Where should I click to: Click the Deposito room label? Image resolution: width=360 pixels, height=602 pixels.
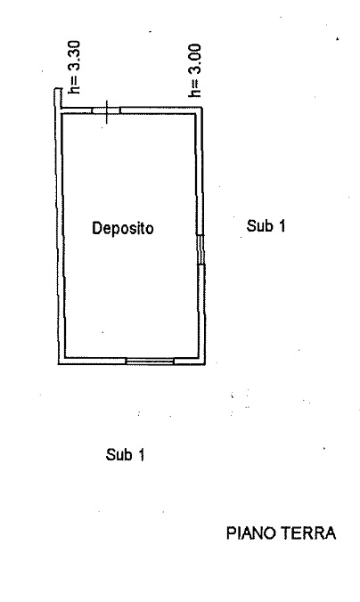[123, 228]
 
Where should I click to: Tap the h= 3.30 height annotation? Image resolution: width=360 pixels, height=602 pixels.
[74, 67]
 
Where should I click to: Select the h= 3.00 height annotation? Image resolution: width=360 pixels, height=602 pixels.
[194, 70]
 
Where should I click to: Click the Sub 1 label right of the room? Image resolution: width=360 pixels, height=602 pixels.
[266, 225]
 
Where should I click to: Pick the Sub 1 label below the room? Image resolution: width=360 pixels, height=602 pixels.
[126, 454]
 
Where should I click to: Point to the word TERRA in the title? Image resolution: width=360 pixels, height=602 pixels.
[309, 533]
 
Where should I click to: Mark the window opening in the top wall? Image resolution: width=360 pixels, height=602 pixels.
[106, 110]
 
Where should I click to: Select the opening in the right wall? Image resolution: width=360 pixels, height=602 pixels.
[200, 250]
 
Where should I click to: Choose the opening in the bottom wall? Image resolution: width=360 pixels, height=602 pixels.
[151, 361]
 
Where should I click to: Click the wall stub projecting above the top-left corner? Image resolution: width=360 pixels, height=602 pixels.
[58, 98]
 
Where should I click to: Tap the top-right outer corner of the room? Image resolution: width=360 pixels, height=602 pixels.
[202, 108]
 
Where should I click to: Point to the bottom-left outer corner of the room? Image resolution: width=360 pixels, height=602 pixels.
[58, 364]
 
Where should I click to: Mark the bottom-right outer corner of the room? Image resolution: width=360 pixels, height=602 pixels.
[205, 364]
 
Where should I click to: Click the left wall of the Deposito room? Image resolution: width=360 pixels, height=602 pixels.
[61, 236]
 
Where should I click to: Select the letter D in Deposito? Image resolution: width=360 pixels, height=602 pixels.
[96, 228]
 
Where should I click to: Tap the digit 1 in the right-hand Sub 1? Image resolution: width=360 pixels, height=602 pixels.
[282, 225]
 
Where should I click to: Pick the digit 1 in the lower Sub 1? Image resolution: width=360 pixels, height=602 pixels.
[142, 454]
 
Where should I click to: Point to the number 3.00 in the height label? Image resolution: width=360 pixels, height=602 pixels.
[194, 59]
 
